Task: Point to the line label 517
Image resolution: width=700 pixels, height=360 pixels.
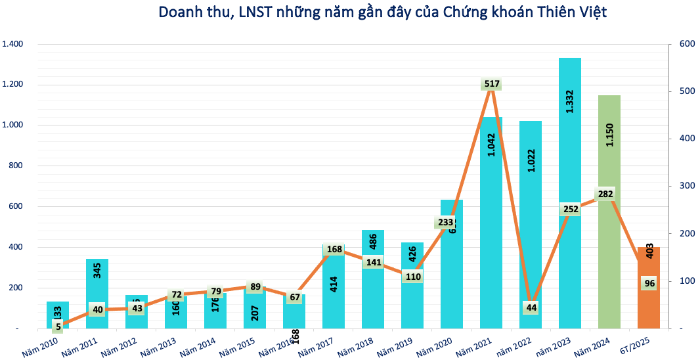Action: [491, 84]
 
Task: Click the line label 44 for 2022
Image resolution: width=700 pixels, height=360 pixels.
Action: [531, 307]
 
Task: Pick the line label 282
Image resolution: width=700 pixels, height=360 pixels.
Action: [605, 194]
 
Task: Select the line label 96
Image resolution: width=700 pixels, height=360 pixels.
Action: [649, 283]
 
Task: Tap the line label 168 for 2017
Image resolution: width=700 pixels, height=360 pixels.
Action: [334, 249]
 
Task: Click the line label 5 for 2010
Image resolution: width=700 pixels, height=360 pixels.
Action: [58, 326]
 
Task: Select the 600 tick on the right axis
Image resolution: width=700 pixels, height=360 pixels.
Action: [685, 44]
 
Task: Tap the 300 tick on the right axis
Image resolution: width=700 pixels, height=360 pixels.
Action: [685, 186]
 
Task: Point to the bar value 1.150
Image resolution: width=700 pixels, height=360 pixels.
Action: [609, 140]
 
